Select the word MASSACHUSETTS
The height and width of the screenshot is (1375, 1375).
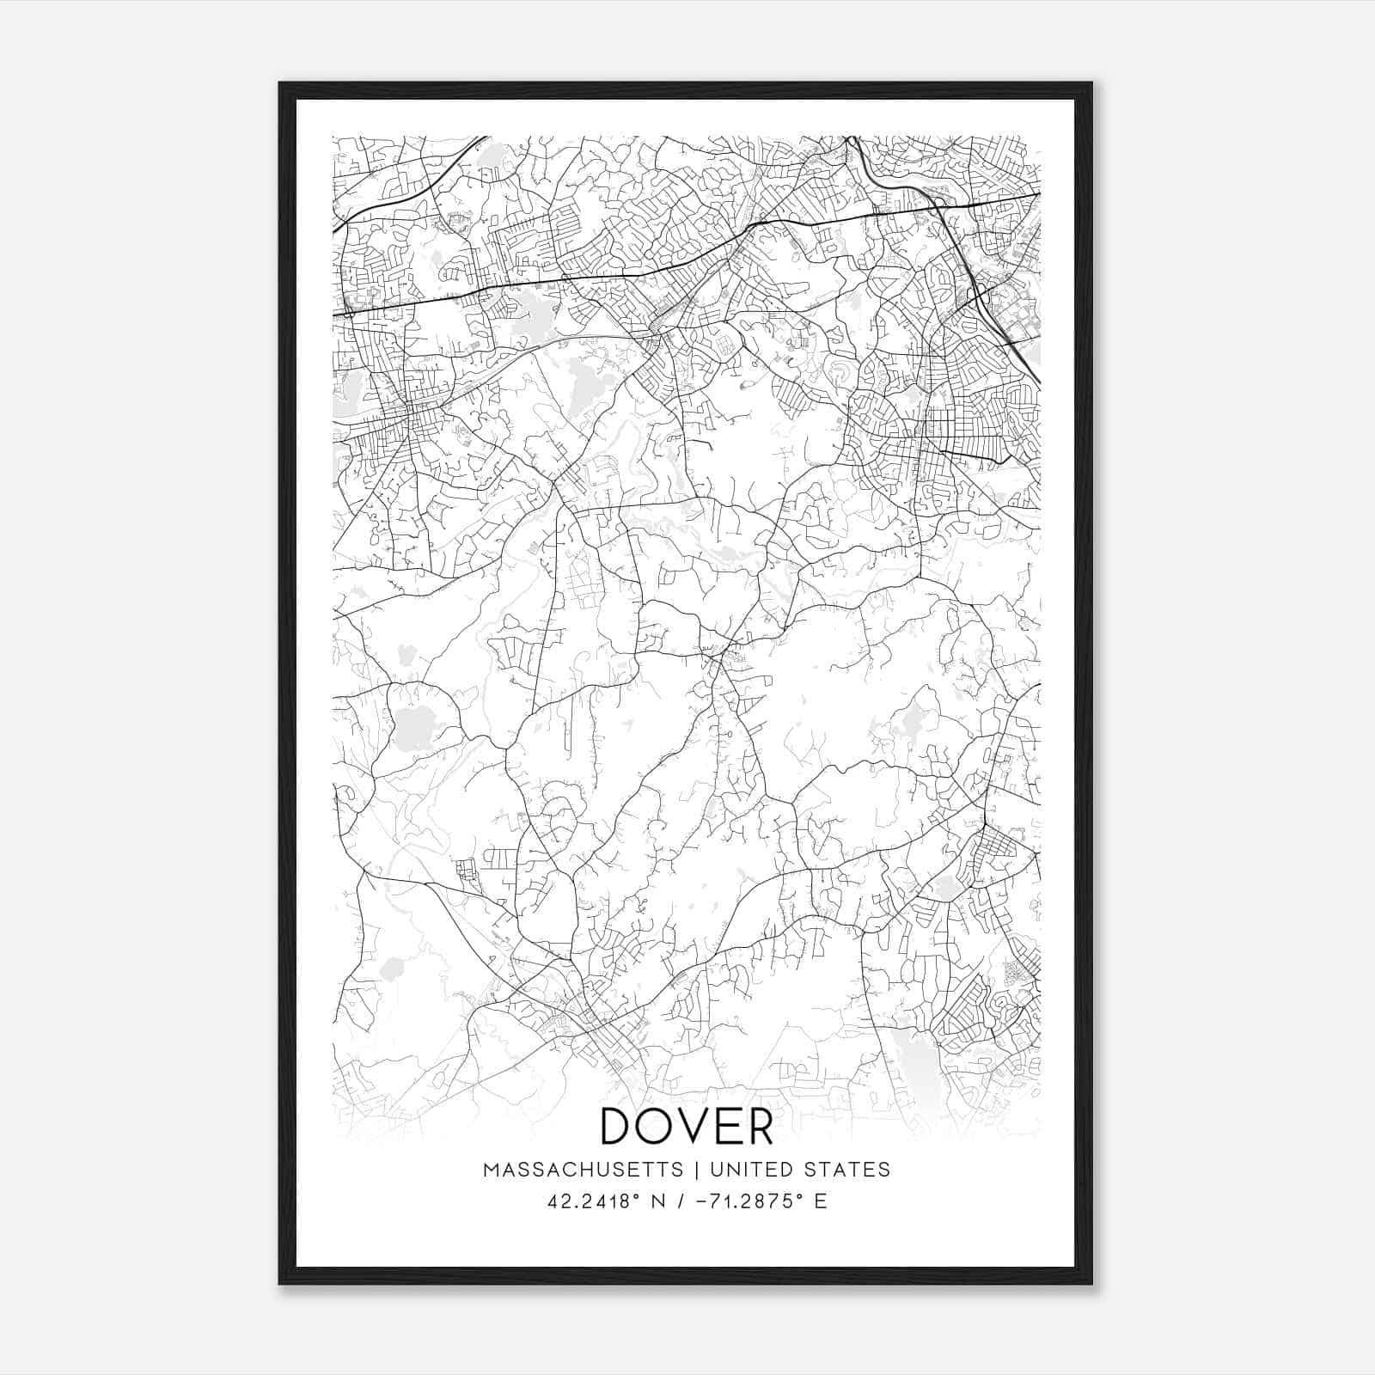click(583, 1170)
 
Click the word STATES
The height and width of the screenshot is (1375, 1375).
click(850, 1170)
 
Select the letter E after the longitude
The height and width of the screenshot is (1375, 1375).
click(821, 1201)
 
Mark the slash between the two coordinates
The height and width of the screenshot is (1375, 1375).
click(682, 1201)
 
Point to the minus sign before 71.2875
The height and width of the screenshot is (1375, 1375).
click(704, 1201)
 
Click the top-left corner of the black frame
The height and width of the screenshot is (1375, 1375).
click(280, 83)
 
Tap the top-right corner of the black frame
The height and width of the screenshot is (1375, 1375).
click(1091, 83)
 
